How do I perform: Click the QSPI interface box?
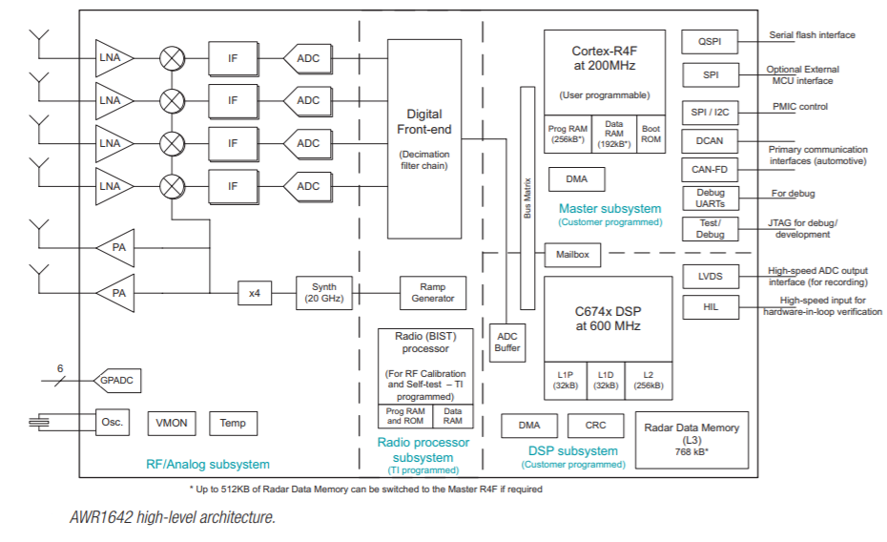coord(709,41)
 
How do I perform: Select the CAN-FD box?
coord(709,170)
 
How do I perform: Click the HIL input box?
coord(709,307)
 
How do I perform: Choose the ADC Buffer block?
coord(507,341)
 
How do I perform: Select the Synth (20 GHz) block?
coord(324,292)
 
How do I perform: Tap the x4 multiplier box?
coord(255,293)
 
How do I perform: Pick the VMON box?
coord(173,423)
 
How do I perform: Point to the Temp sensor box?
coord(233,423)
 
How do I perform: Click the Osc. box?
coord(113,422)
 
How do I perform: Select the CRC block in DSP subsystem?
coord(595,426)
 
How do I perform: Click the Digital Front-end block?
coord(423,139)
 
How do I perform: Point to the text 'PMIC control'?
coord(800,107)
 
